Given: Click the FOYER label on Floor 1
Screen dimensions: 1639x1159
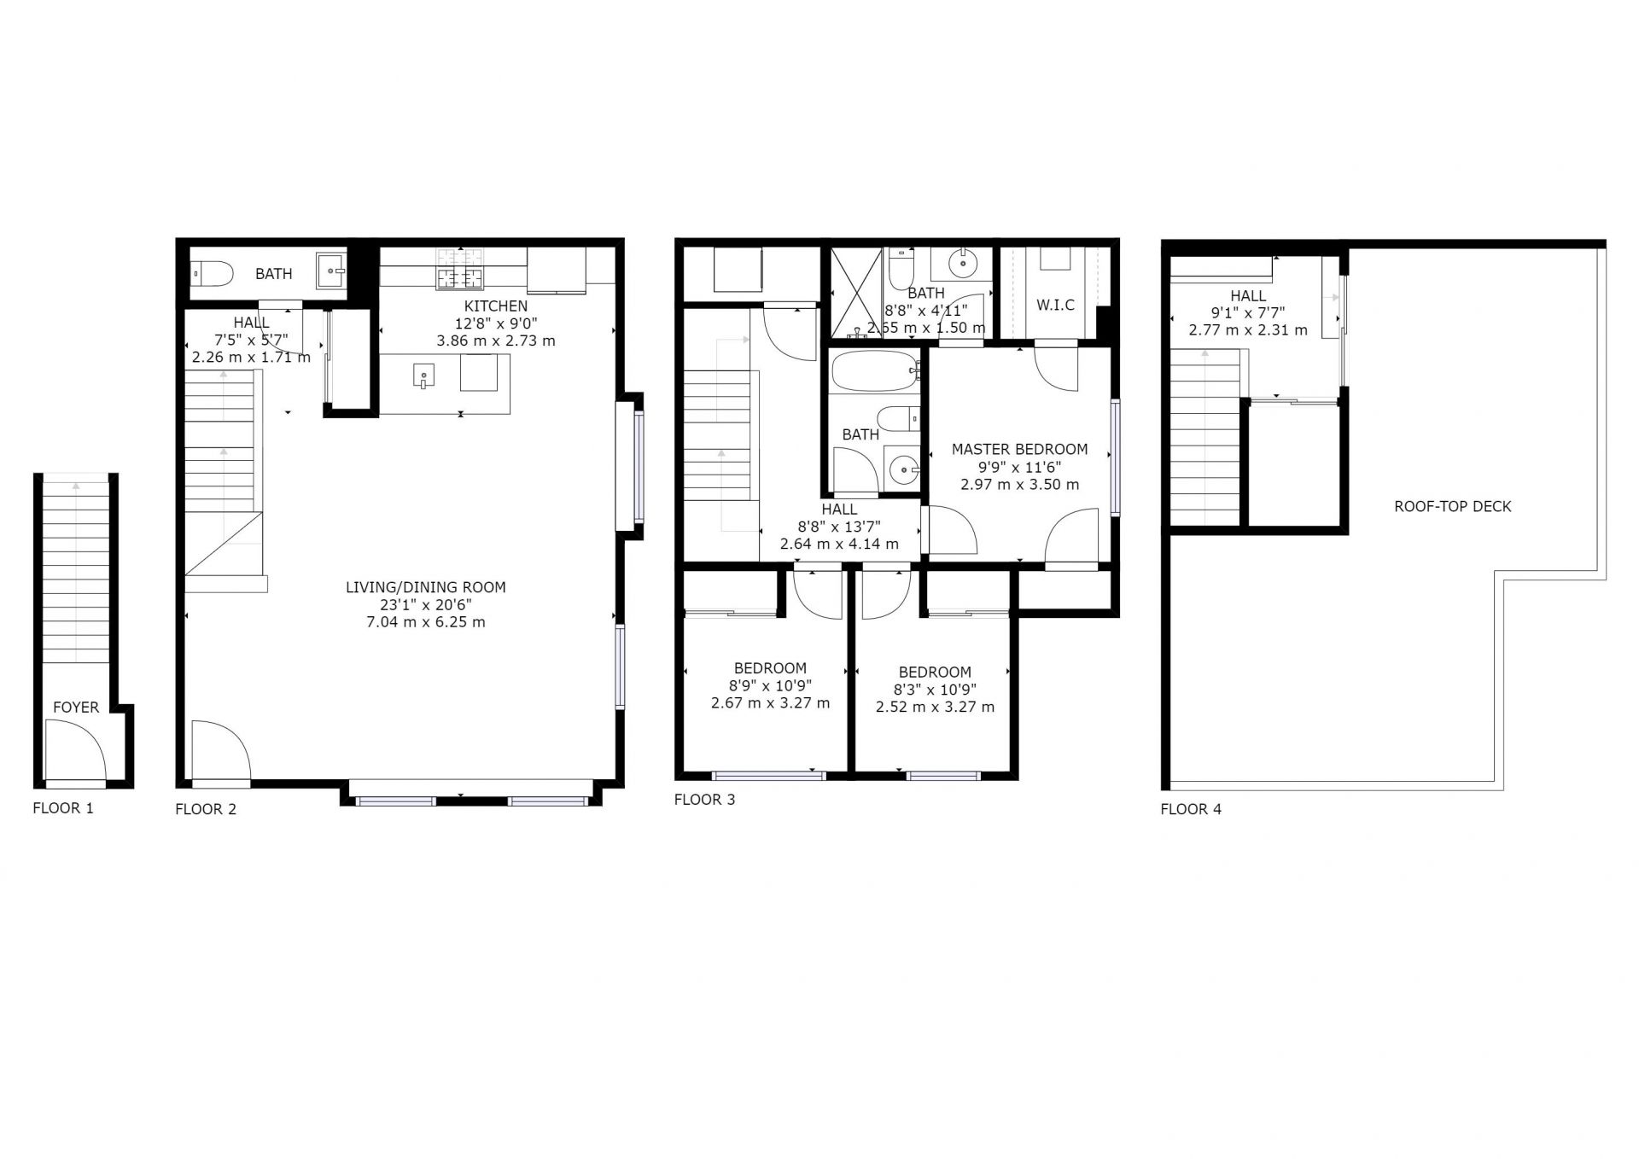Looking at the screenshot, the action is pyautogui.click(x=76, y=707).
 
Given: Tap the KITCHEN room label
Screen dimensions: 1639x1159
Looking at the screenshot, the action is pyautogui.click(x=496, y=306).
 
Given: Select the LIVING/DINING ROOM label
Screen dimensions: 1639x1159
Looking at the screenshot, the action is pyautogui.click(x=426, y=587).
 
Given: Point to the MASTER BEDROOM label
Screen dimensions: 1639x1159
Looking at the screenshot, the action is pyautogui.click(x=1020, y=449).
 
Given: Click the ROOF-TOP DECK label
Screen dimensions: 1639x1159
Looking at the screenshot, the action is pyautogui.click(x=1453, y=506).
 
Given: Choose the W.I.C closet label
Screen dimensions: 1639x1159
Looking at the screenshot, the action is pyautogui.click(x=1056, y=305).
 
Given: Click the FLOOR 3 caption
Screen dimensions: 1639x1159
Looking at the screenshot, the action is pyautogui.click(x=704, y=800).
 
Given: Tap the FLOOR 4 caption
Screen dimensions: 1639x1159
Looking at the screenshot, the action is pyautogui.click(x=1191, y=809).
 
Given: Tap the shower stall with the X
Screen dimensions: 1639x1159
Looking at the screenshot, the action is pyautogui.click(x=856, y=293).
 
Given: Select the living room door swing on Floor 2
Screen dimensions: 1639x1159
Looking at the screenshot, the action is pyautogui.click(x=220, y=750).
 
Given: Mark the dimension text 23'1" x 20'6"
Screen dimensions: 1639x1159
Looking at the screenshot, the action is pyautogui.click(x=426, y=605).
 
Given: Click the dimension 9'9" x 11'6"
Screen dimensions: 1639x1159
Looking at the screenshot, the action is pyautogui.click(x=1020, y=467).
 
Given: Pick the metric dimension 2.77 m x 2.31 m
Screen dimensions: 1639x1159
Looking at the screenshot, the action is pyautogui.click(x=1248, y=329).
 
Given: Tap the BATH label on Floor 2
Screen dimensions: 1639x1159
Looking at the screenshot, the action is pyautogui.click(x=274, y=274).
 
